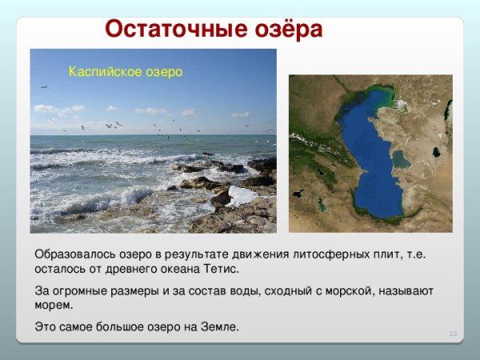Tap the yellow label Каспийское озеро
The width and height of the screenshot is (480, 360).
click(x=126, y=72)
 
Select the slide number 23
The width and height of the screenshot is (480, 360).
click(x=452, y=332)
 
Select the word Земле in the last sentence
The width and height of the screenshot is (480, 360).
click(x=219, y=327)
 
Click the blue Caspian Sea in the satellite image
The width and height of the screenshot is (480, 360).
click(x=370, y=152)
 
